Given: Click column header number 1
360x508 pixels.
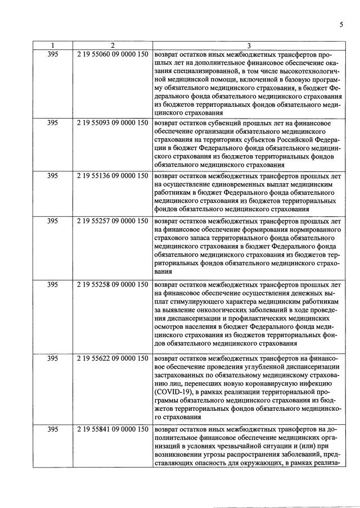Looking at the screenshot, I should (x=52, y=46).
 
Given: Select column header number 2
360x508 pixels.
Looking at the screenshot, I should (x=112, y=46).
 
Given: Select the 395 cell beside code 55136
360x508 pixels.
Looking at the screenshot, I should (x=52, y=175).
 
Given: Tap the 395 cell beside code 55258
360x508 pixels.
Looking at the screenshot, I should (x=52, y=285).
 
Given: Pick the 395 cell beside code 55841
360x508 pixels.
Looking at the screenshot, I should (x=52, y=430).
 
